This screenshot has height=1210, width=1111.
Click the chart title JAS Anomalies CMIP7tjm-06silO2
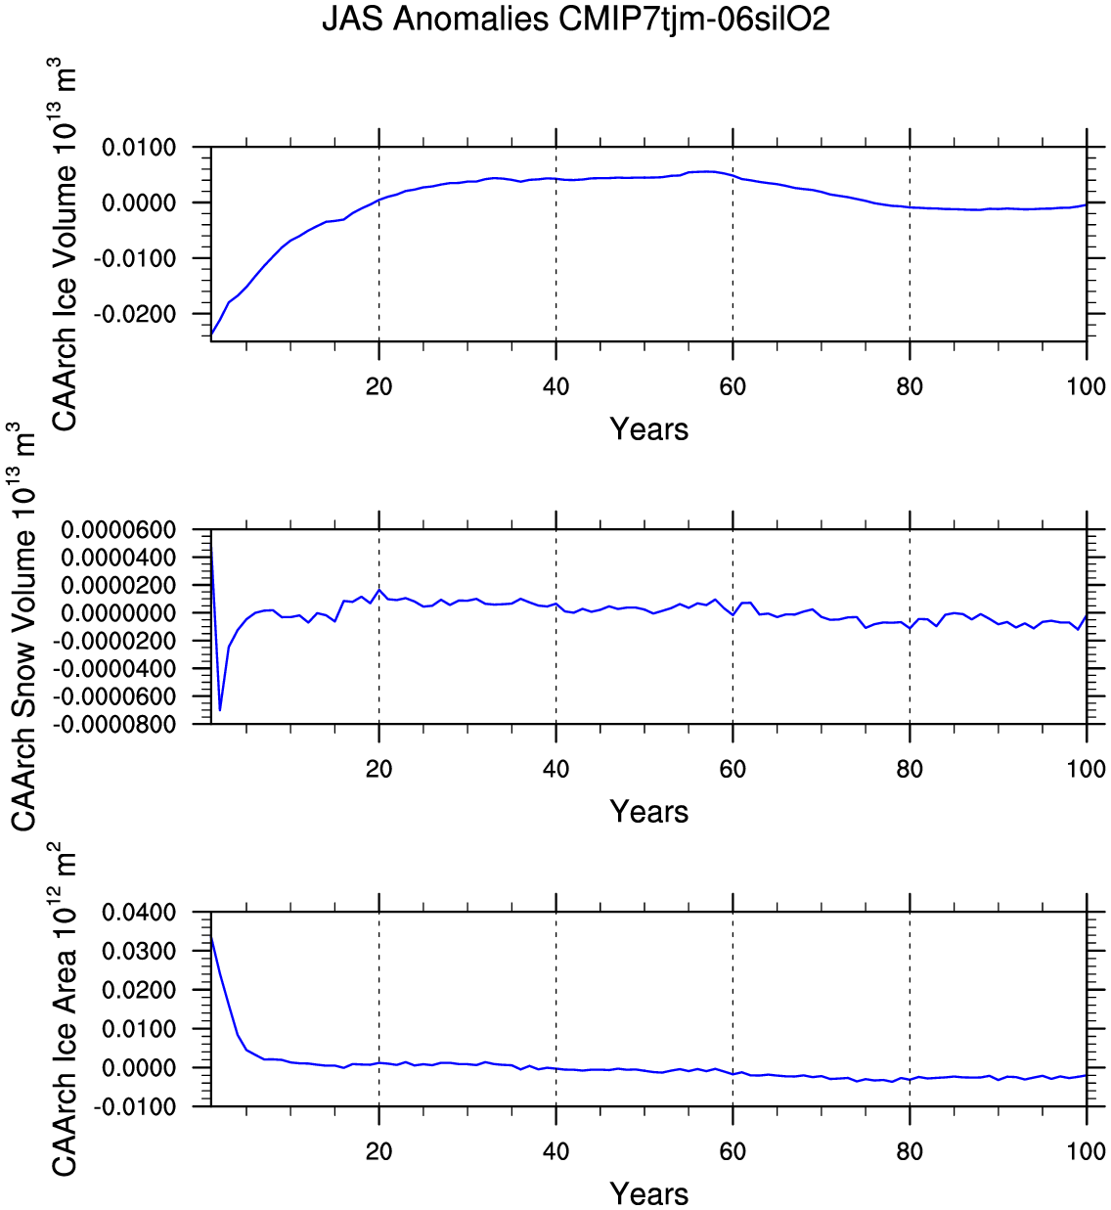(576, 19)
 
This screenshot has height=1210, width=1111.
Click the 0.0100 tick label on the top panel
(139, 148)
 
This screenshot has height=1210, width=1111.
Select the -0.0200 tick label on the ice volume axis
(135, 314)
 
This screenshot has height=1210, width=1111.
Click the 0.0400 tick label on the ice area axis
(139, 913)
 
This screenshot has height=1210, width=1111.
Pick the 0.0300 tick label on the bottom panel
(139, 952)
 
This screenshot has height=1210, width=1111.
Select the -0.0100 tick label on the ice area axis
(135, 1106)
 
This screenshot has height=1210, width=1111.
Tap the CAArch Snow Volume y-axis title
(23, 626)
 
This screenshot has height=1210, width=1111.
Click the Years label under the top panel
(649, 429)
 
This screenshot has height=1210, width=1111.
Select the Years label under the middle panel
(649, 812)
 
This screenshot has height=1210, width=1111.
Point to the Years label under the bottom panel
(649, 1193)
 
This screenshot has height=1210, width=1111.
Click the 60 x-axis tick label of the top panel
(733, 386)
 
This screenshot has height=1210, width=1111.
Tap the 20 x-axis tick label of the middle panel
(378, 769)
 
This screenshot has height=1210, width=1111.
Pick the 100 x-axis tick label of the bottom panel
(1086, 1151)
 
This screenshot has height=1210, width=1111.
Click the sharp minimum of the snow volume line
(220, 710)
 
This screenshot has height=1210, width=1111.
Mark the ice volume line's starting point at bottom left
(211, 335)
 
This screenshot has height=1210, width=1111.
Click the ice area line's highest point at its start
(211, 936)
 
